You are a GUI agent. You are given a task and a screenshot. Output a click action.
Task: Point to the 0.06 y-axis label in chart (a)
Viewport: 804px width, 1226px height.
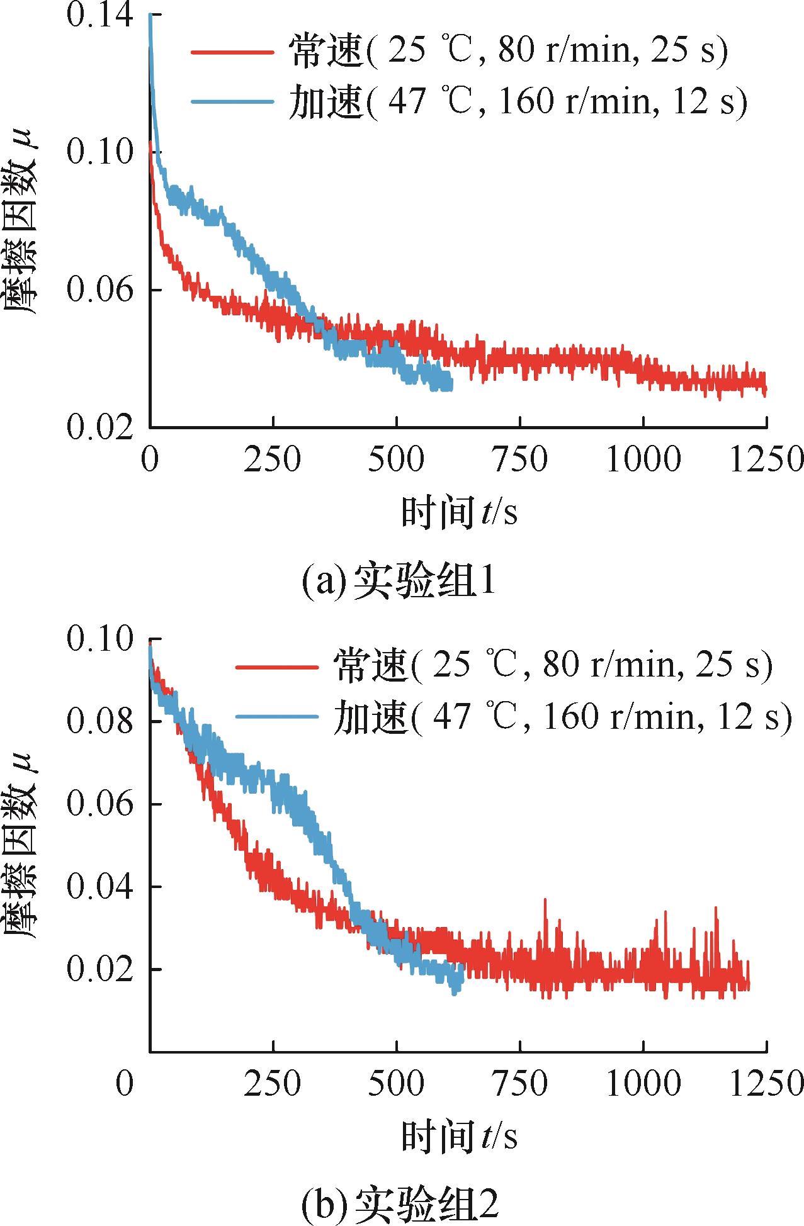[100, 290]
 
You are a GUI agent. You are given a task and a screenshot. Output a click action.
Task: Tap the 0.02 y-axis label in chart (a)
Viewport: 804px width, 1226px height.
[100, 427]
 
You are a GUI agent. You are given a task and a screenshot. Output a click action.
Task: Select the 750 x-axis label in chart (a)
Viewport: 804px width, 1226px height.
[520, 460]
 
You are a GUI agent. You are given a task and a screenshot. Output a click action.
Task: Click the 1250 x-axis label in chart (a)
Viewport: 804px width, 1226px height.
[766, 460]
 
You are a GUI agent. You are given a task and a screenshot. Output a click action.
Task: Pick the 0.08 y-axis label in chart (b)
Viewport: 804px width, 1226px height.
[100, 721]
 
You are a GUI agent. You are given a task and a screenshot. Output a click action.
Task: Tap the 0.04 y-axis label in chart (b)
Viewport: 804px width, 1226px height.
[100, 887]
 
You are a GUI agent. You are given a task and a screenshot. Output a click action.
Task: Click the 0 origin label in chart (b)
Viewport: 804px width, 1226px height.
[125, 1084]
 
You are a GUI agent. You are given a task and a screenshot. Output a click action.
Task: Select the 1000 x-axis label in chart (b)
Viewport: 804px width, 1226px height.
[643, 1084]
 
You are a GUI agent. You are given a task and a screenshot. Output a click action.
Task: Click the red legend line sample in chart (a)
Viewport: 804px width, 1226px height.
[232, 52]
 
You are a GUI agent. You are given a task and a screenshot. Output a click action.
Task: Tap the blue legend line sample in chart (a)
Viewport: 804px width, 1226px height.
[232, 101]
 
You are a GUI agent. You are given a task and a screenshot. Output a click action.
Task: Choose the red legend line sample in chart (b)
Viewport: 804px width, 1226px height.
[277, 666]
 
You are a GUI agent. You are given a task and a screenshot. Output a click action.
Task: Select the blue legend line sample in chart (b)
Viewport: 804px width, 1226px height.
[277, 716]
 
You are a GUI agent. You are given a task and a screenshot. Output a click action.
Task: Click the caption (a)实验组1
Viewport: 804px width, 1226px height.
[399, 581]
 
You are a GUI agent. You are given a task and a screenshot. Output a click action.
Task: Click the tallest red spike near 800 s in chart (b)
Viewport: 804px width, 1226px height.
[545, 901]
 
